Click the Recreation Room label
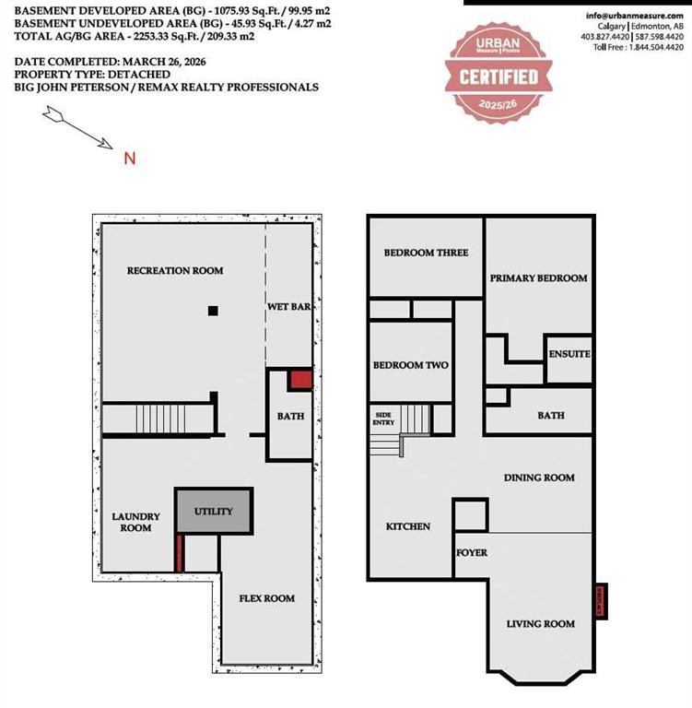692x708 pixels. [175, 270]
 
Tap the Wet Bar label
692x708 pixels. [288, 306]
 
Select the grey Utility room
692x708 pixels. [213, 511]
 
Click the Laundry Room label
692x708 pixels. [136, 522]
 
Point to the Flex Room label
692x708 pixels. [267, 598]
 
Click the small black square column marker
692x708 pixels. [213, 311]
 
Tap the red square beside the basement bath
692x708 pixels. [300, 379]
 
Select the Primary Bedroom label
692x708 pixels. [538, 277]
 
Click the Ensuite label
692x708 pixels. [569, 354]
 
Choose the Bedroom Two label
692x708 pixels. [410, 365]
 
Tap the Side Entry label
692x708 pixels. [383, 418]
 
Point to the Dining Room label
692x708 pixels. [539, 478]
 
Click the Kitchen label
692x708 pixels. [407, 526]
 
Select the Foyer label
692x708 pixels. [472, 552]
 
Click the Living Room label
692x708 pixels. [540, 624]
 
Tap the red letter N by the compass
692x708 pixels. [130, 158]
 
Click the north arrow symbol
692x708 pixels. [77, 127]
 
